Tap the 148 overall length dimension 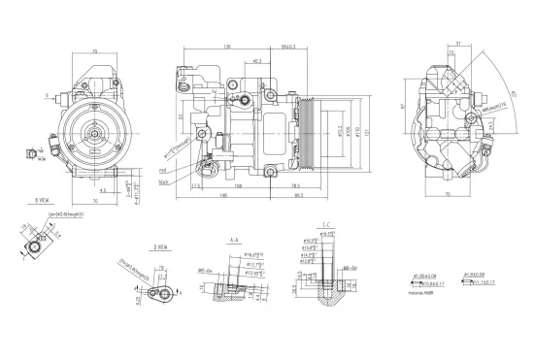click(224, 195)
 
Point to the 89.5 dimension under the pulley click(295, 195)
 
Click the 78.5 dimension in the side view click(293, 177)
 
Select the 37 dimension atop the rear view click(457, 46)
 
